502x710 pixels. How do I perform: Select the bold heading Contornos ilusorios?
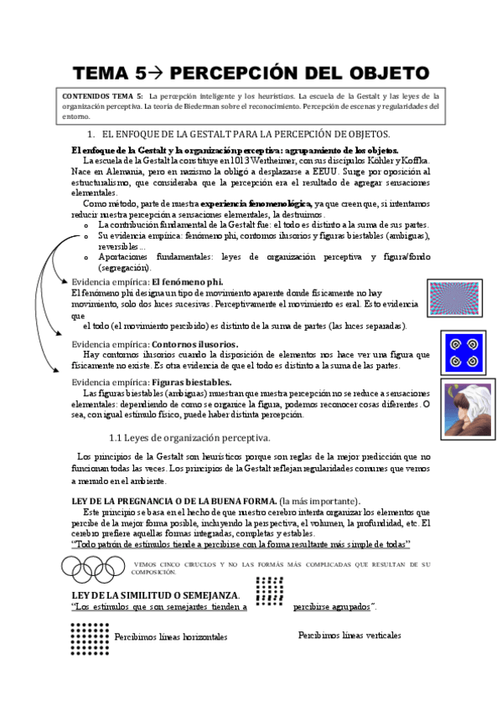pyautogui.click(x=194, y=344)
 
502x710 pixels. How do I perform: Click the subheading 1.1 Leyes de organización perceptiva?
pyautogui.click(x=190, y=438)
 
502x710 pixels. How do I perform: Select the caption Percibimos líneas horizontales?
pyautogui.click(x=171, y=637)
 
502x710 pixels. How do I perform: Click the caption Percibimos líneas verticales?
pyautogui.click(x=349, y=635)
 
